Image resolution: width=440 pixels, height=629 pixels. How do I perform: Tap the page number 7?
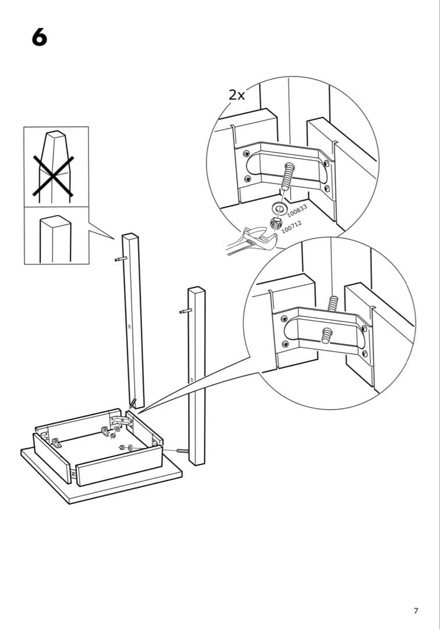416,611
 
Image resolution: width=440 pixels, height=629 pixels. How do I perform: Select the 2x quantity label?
237,95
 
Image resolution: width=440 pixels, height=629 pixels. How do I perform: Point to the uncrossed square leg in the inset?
55,239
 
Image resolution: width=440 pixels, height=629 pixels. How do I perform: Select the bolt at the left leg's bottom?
132,403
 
